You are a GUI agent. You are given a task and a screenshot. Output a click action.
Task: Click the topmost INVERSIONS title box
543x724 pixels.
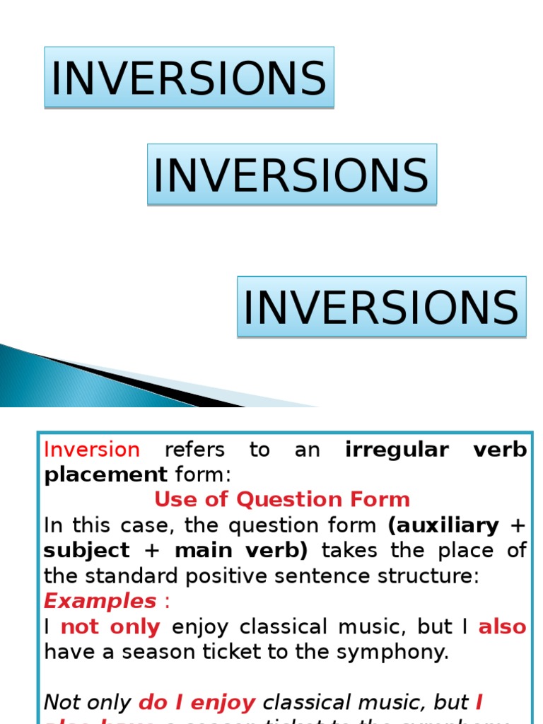189,77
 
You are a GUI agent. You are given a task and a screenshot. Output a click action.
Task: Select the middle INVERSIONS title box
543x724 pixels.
291,174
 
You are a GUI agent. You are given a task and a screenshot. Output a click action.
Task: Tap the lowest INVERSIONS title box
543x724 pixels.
381,306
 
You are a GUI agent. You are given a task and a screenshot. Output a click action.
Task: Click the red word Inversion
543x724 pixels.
92,450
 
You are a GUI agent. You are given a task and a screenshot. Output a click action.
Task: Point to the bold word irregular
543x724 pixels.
397,450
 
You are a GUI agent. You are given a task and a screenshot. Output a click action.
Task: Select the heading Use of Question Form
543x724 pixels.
282,499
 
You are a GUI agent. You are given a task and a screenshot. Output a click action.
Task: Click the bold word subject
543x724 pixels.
87,550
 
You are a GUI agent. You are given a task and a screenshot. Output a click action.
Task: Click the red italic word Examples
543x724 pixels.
100,601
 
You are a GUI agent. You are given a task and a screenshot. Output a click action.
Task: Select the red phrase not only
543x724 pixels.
110,626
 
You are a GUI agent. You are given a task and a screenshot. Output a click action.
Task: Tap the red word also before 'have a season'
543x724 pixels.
503,626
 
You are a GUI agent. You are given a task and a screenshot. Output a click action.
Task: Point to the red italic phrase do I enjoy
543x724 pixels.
197,702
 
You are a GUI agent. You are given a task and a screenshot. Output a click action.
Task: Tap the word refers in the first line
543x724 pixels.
194,450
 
